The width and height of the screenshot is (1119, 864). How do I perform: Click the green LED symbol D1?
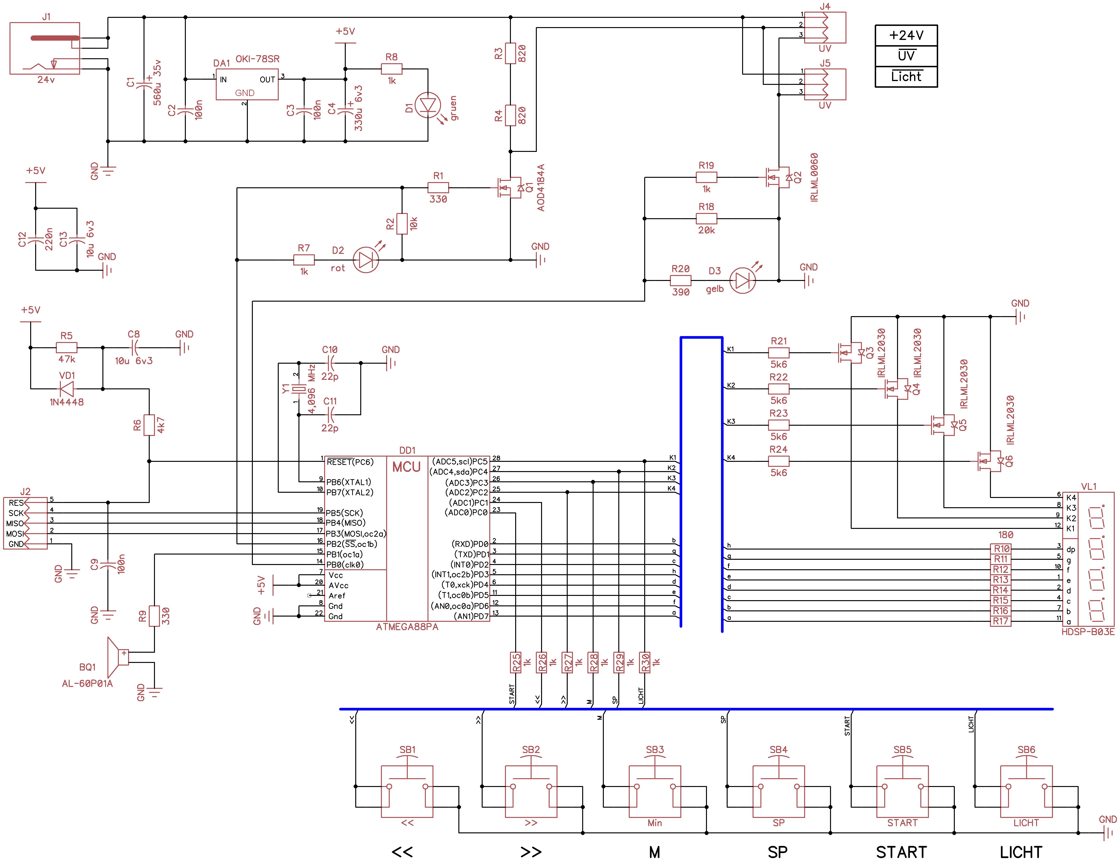pyautogui.click(x=427, y=106)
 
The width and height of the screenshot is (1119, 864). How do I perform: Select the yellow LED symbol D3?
pyautogui.click(x=742, y=280)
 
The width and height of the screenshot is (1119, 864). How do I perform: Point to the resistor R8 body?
pyautogui.click(x=391, y=69)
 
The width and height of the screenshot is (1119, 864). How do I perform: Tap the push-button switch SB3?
pyautogui.click(x=655, y=792)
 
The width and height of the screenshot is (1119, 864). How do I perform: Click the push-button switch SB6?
pyautogui.click(x=1026, y=792)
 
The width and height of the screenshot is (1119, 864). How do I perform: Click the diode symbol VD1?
pyautogui.click(x=67, y=388)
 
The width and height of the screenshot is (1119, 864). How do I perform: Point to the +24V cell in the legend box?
pyautogui.click(x=906, y=35)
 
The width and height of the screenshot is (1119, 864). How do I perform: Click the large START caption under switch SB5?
pyautogui.click(x=901, y=852)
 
